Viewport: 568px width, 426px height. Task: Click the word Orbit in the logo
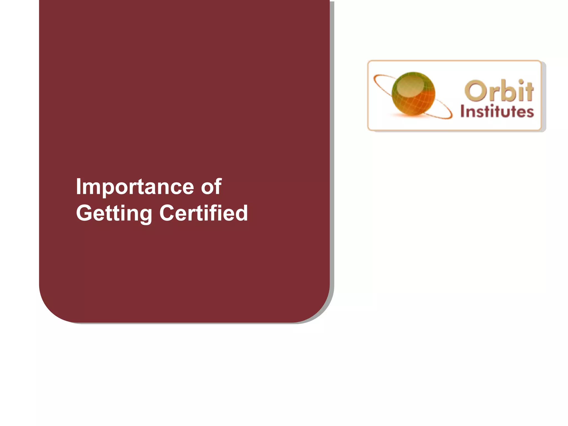coord(499,91)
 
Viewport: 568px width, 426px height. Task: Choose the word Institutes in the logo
coord(497,112)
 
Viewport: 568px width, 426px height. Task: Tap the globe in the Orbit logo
coord(413,93)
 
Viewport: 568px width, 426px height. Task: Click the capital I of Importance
coord(78,186)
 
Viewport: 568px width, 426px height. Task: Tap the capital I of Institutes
coord(463,111)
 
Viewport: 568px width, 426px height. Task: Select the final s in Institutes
coord(530,113)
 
